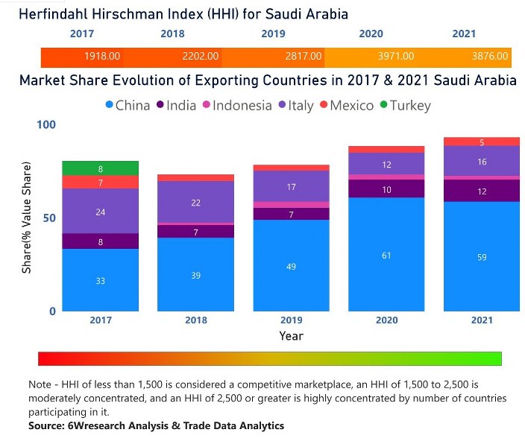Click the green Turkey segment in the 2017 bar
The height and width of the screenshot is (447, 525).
point(101,168)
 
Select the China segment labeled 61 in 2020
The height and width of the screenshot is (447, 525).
point(386,254)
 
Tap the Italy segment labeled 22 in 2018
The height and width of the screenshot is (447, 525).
point(196,202)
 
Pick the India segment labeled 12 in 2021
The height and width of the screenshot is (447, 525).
point(482,191)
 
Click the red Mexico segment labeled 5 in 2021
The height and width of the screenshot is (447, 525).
point(482,142)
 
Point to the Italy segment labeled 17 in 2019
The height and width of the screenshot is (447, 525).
point(292,186)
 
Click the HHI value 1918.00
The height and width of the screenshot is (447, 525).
point(102,56)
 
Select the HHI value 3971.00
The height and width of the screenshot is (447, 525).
point(396,56)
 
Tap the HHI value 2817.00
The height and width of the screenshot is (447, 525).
point(304,56)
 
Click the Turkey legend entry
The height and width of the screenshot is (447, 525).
point(406,106)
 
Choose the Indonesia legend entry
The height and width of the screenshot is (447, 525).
point(237,106)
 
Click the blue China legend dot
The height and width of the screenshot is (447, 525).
point(109,105)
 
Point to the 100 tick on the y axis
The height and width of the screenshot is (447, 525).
point(46,125)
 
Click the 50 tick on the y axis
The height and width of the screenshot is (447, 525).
point(49,218)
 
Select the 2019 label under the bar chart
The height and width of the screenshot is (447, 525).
point(292,320)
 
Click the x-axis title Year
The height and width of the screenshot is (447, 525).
point(292,336)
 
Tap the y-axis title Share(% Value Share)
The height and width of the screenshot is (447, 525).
point(26,218)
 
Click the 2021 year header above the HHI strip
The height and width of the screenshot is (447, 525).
point(464,34)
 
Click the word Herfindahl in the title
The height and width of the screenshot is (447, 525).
point(54,14)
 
